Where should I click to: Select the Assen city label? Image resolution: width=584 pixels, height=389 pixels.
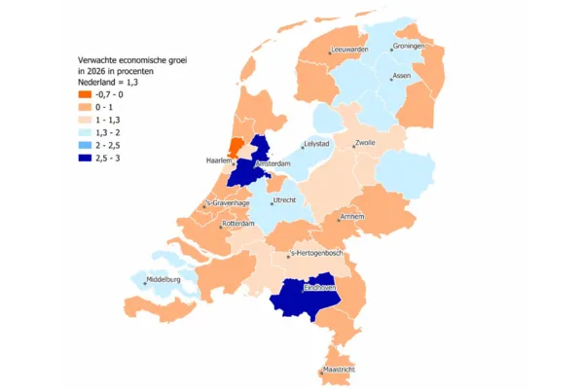point(401,76)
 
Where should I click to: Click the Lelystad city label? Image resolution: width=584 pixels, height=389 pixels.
point(318,145)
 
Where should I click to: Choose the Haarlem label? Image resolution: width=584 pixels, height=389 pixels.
point(219,160)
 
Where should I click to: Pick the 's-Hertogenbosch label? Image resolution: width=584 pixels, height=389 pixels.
point(321,255)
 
